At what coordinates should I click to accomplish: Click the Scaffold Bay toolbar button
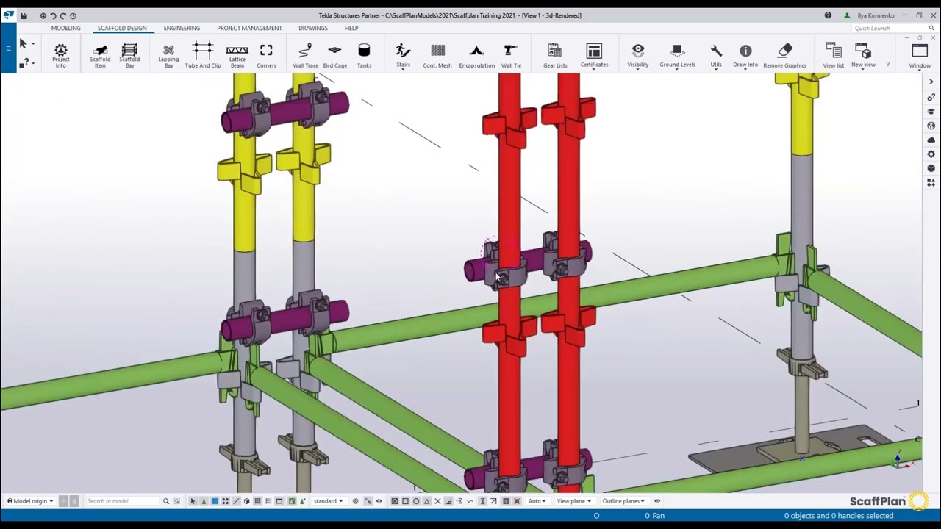(x=129, y=55)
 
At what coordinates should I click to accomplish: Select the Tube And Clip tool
(x=202, y=55)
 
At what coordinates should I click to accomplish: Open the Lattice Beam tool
(x=237, y=55)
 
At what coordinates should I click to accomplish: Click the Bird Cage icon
(x=334, y=55)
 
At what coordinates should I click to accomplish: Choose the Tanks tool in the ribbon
(x=364, y=55)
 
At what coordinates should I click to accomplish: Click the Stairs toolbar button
(x=403, y=55)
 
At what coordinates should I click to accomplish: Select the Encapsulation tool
(x=476, y=55)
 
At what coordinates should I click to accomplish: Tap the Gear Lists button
(x=555, y=55)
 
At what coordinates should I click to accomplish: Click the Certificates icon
(x=594, y=55)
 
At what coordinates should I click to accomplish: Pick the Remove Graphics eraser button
(x=784, y=55)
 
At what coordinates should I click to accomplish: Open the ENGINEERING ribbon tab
(x=182, y=28)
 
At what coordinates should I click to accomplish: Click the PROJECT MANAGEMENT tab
(x=249, y=28)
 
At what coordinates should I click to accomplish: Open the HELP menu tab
(x=351, y=28)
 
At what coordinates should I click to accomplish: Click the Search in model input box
(x=121, y=501)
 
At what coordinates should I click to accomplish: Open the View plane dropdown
(x=573, y=501)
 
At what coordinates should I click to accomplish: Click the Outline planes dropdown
(x=623, y=501)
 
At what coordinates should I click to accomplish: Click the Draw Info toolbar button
(x=745, y=55)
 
